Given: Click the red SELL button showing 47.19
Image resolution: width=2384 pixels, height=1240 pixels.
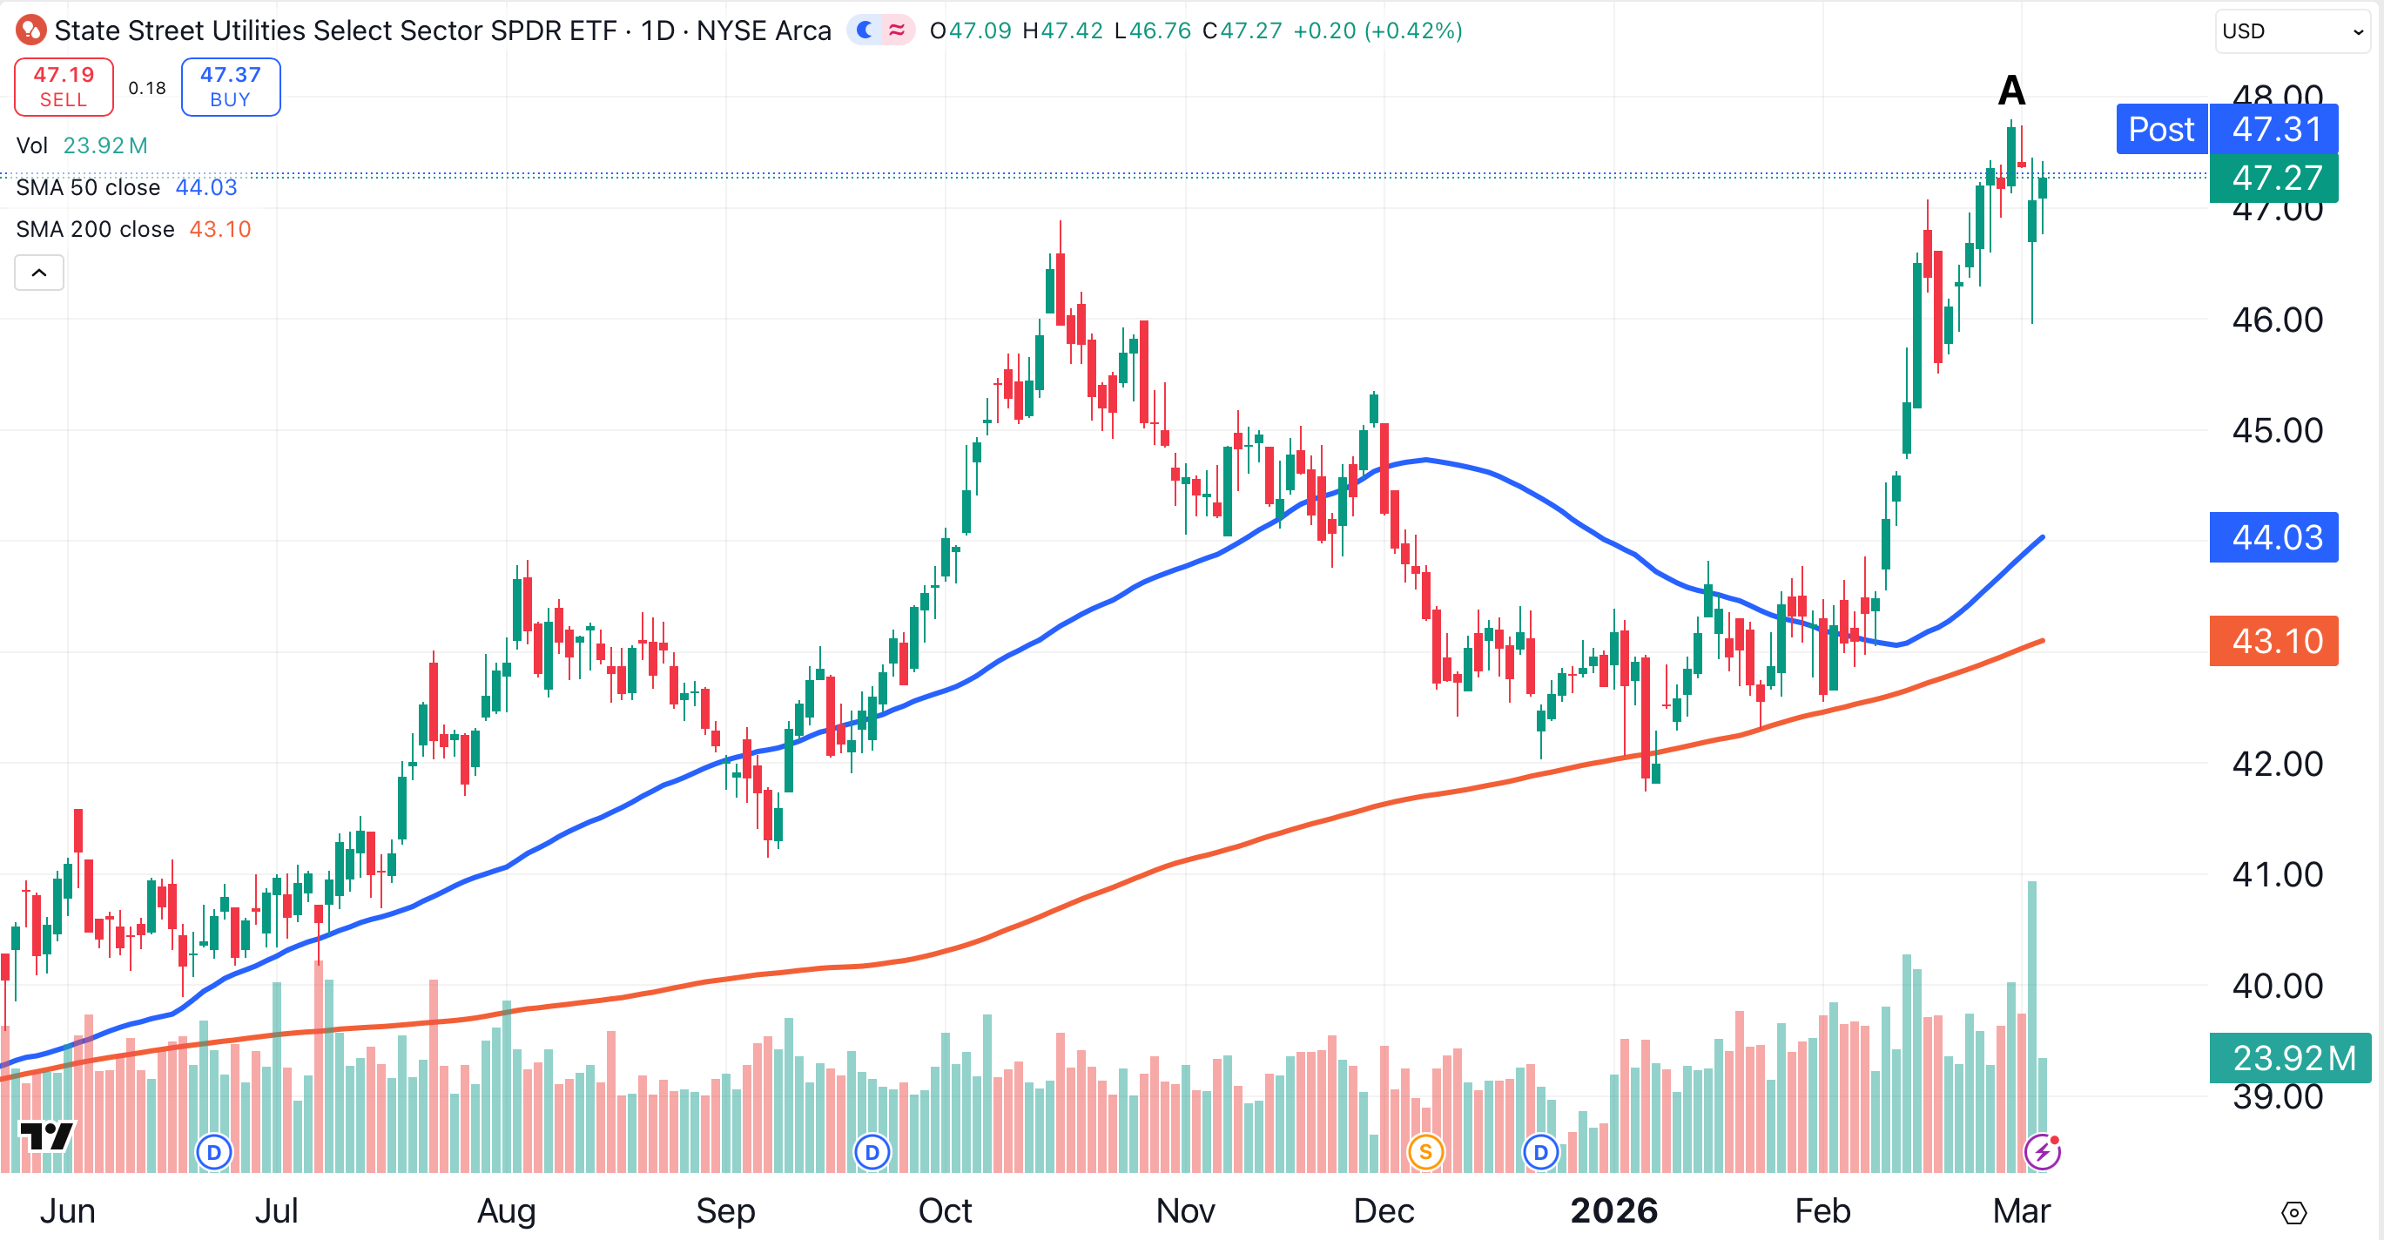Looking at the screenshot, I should click(x=64, y=87).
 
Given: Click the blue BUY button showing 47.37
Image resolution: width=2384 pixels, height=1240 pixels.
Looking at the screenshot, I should click(x=231, y=87).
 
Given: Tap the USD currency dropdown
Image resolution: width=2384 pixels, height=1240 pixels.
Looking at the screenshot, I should click(x=2291, y=31).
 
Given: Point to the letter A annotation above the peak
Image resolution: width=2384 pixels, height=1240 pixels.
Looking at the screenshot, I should click(x=2011, y=91).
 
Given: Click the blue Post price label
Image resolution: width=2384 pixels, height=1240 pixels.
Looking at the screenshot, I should click(x=2160, y=130).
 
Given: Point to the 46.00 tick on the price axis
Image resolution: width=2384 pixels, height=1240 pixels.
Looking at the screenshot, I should click(x=2277, y=320).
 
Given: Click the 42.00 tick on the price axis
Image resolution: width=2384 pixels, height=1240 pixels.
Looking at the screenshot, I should click(x=2277, y=765).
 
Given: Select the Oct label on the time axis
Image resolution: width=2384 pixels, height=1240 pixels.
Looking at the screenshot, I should click(x=944, y=1210).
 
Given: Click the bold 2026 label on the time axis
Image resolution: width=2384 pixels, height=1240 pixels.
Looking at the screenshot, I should click(x=1613, y=1210).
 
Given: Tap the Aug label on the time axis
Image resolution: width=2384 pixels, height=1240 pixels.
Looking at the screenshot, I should click(x=505, y=1210).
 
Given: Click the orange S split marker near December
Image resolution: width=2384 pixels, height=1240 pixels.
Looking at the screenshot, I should click(x=1425, y=1152).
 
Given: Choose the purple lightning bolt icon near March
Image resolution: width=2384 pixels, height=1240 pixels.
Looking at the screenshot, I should click(x=2042, y=1152).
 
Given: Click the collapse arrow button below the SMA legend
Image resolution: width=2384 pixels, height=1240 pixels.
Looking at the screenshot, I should click(x=39, y=273).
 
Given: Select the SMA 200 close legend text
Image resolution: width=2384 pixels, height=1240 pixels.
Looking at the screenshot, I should click(x=95, y=230).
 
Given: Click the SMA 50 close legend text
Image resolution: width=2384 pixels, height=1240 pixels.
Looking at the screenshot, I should click(x=88, y=188).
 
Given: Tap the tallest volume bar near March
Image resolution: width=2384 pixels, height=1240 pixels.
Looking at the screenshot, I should click(x=2031, y=1018).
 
